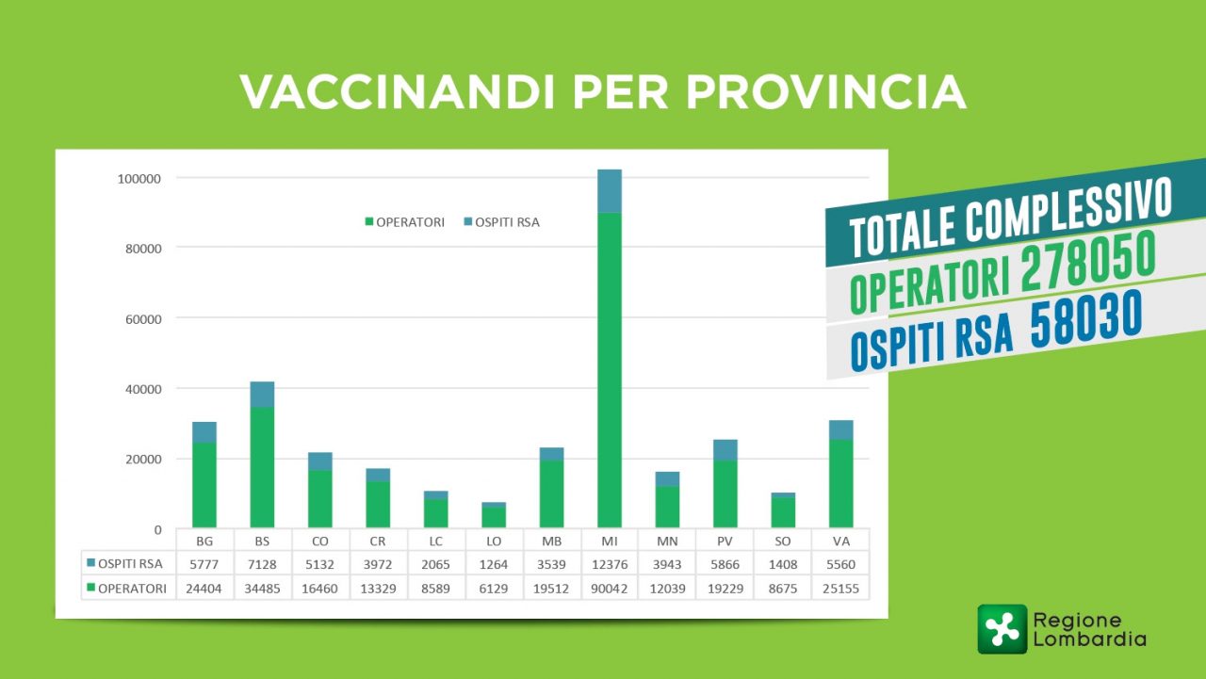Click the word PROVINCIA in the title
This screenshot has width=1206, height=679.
tap(826, 92)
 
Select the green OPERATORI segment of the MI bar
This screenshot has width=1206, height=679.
tap(610, 370)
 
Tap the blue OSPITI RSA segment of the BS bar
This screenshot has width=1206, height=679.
tap(262, 395)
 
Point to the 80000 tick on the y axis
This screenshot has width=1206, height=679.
tap(143, 249)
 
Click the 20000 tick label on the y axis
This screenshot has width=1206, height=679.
tap(143, 460)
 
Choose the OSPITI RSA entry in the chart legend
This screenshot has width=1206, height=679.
tap(502, 222)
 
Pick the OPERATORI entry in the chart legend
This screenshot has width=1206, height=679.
tap(405, 222)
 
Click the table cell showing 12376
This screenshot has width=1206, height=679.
tap(610, 564)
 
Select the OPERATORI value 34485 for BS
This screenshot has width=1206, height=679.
tap(262, 589)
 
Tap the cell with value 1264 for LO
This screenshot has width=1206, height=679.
tap(494, 564)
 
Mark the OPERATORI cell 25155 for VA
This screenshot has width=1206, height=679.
tap(841, 589)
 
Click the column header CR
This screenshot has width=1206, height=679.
tap(378, 542)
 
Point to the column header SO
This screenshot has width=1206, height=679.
tap(783, 542)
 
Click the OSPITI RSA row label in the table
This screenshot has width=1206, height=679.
tap(125, 564)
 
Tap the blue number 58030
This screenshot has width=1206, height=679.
tap(1086, 318)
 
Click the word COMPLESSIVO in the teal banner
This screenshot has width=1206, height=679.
tap(1068, 209)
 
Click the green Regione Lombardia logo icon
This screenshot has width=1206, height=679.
tap(1002, 629)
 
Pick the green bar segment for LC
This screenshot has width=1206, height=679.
tap(436, 513)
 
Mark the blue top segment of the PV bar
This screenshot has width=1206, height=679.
tap(725, 450)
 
